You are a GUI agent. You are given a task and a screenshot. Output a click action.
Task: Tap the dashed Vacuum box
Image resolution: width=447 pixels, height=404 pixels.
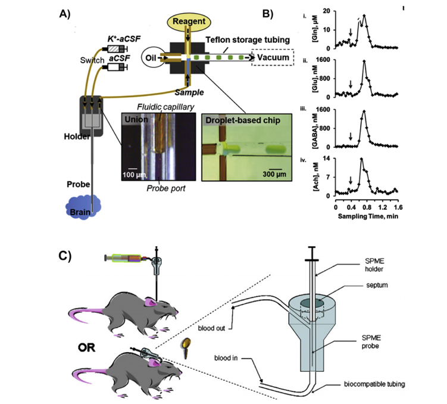273,58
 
